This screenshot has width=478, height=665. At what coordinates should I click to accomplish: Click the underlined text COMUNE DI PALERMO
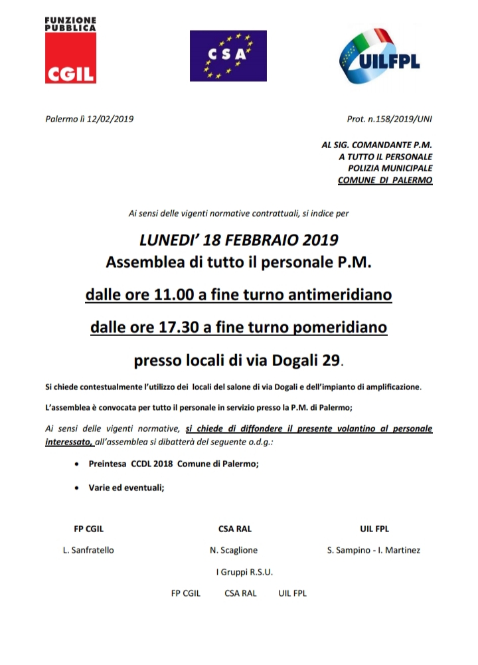tap(385, 180)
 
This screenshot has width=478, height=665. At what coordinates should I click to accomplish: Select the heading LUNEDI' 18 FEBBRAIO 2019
tap(239, 240)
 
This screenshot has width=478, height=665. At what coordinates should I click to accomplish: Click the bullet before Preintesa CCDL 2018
tap(79, 465)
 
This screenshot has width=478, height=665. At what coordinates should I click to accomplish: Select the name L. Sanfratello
tap(88, 550)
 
